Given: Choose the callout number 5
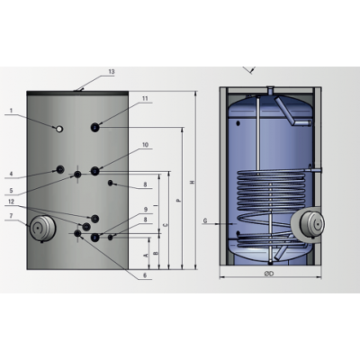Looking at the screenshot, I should [x=11, y=190].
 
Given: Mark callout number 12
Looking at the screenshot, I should [x=12, y=202].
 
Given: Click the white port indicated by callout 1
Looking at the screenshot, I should [x=59, y=129].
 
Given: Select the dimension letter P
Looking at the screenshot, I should [x=178, y=200].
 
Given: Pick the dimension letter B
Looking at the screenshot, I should [x=157, y=255].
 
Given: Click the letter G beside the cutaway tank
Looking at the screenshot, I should [x=206, y=220].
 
